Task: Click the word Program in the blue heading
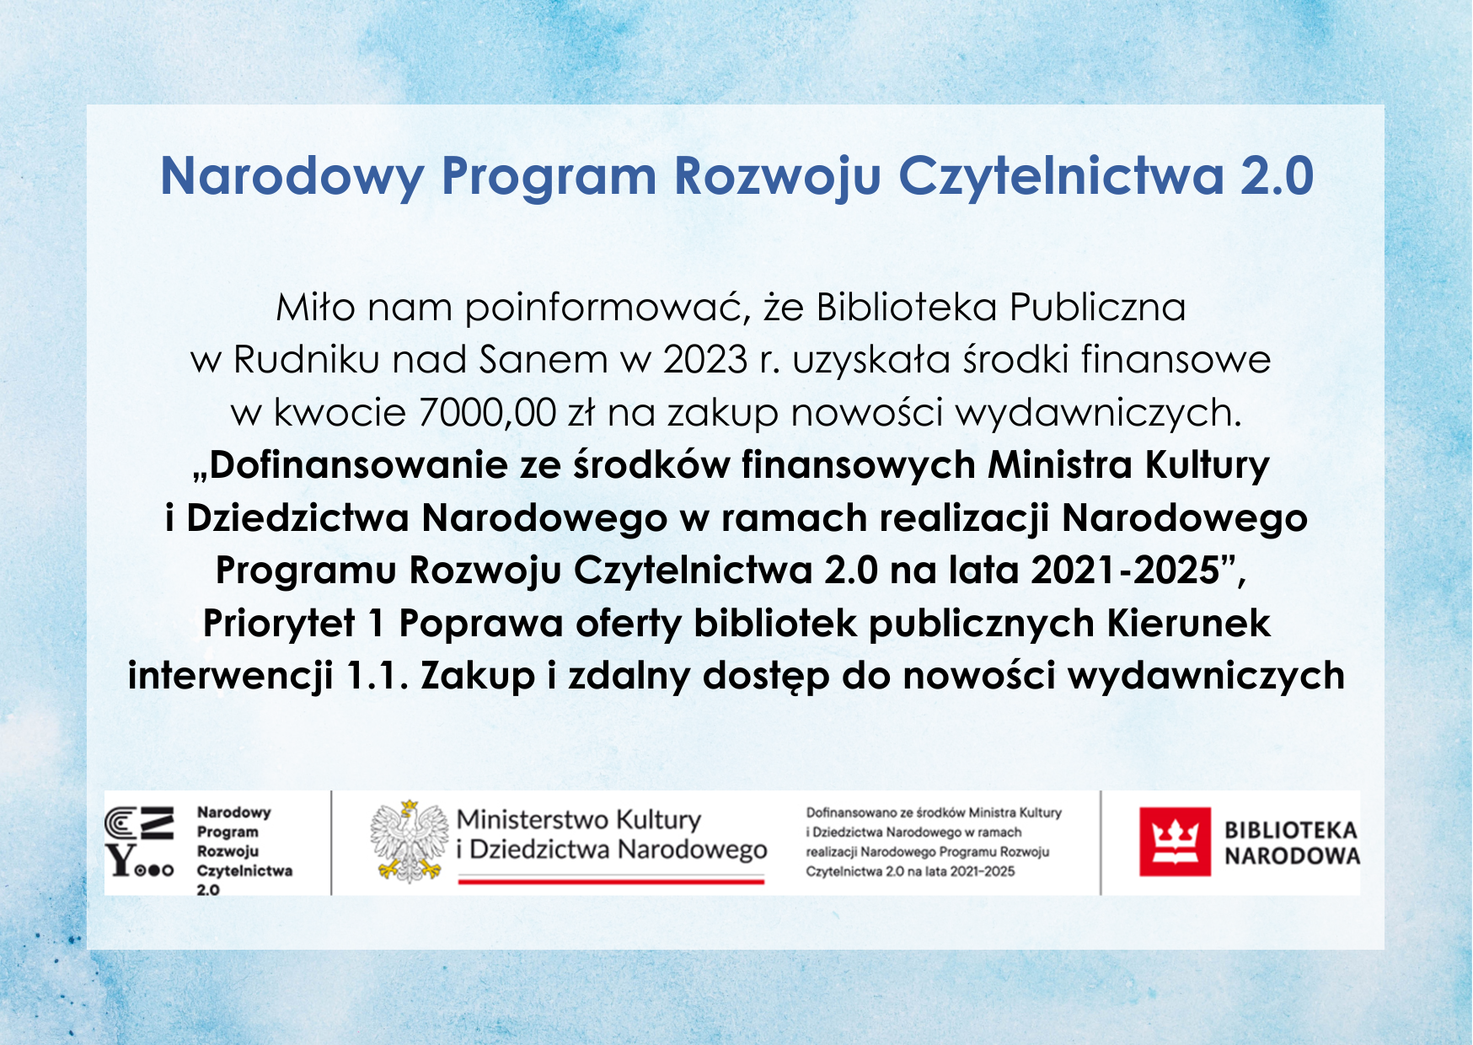(548, 177)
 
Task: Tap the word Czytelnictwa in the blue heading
(1061, 177)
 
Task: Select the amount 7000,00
(487, 413)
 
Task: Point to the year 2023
(705, 360)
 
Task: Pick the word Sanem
(544, 360)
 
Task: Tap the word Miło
(316, 308)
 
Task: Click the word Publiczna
(1098, 308)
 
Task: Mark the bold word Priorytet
(279, 624)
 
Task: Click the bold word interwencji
(230, 677)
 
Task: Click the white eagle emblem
(410, 841)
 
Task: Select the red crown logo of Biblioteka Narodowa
(1175, 842)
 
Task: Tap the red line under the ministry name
(611, 881)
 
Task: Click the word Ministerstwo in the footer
(533, 820)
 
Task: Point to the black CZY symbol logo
(140, 842)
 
